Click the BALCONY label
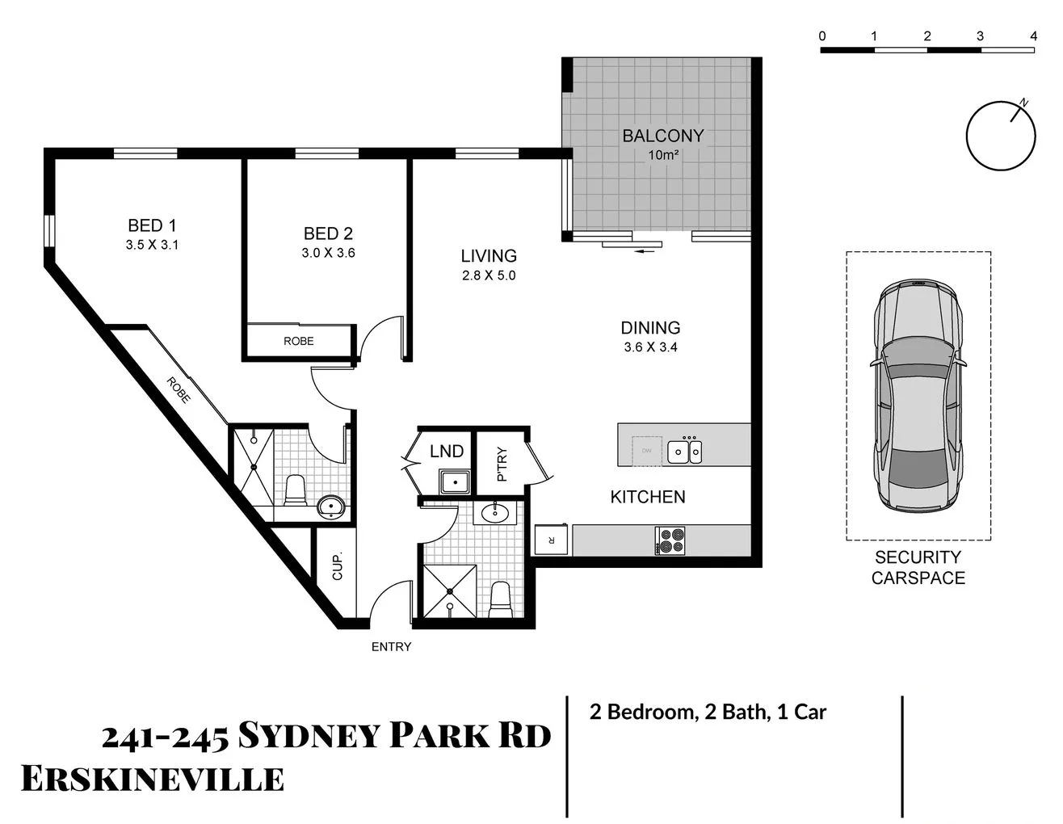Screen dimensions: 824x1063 click(662, 136)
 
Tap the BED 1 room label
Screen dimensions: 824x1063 click(152, 225)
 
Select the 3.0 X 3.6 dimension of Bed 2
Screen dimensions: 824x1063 click(328, 253)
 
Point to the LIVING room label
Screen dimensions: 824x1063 click(489, 255)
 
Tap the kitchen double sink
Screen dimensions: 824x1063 click(684, 451)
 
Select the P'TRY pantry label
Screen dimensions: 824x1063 click(502, 464)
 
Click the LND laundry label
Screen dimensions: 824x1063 click(446, 452)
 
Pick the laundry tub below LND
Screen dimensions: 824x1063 click(455, 482)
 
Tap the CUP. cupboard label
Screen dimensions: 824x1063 click(338, 565)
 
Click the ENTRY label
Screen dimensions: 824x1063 click(391, 646)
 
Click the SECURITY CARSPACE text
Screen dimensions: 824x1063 click(918, 567)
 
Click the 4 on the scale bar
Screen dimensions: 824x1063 click(1033, 36)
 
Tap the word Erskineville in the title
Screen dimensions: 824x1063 click(152, 779)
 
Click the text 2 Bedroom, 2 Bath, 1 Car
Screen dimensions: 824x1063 click(708, 712)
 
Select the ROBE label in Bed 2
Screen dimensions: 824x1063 click(298, 341)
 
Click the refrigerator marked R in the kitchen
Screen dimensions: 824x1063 click(552, 540)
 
